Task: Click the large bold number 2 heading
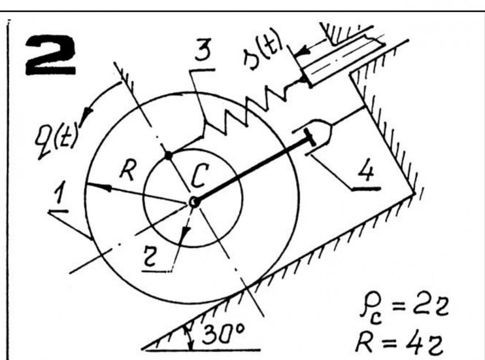pos(50,55)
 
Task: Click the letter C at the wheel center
pos(199,176)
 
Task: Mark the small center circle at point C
pos(194,202)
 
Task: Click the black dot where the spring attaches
pos(168,155)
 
